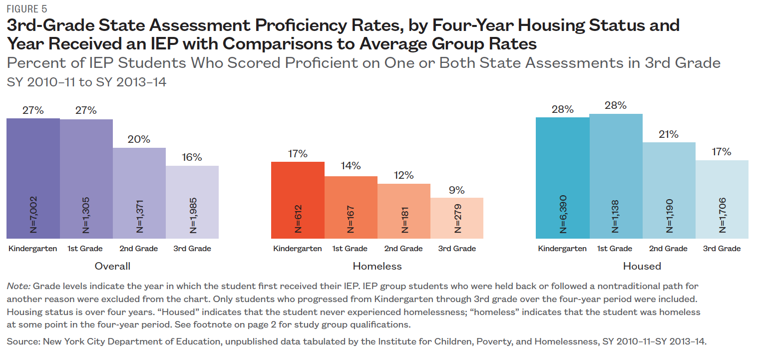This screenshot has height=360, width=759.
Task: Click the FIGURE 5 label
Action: (x=27, y=8)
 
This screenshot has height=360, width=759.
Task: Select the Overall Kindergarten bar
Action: (x=33, y=178)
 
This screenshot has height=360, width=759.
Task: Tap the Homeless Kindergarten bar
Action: (x=298, y=200)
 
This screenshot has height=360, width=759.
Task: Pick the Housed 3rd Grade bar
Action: (x=722, y=199)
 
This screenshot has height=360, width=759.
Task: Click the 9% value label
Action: (x=456, y=190)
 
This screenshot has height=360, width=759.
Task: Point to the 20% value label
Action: (x=139, y=140)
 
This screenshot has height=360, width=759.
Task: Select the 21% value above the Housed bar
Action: (x=668, y=134)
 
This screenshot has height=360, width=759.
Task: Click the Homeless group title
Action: (x=377, y=266)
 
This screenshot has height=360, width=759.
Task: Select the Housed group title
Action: (x=642, y=266)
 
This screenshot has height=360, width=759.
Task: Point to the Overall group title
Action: (x=112, y=266)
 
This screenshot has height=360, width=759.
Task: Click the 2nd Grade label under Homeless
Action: (x=403, y=249)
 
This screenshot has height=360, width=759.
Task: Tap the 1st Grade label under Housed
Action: (x=615, y=249)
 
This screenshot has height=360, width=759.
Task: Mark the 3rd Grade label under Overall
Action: (x=192, y=249)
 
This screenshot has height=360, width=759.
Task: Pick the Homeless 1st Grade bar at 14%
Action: (x=351, y=207)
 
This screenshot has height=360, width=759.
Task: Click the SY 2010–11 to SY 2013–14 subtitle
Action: (x=86, y=82)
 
